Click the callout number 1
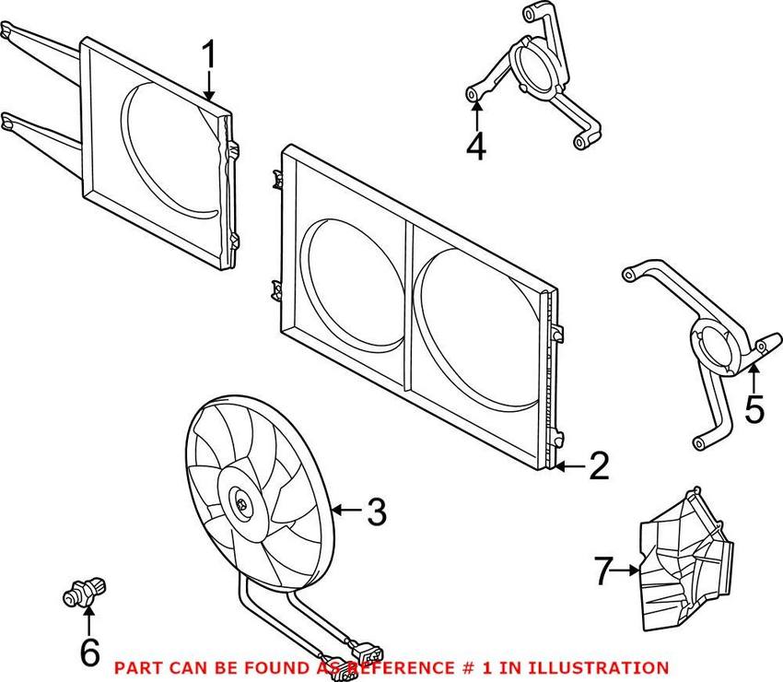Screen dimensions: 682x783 click(209, 57)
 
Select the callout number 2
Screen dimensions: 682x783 click(599, 467)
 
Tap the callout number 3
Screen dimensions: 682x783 click(376, 511)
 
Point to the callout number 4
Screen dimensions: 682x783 click(475, 147)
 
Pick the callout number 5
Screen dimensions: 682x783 click(754, 408)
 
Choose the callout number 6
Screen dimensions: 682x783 click(89, 653)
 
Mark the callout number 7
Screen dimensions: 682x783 click(603, 572)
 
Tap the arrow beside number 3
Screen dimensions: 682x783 click(345, 510)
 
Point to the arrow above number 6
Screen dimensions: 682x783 click(89, 620)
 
